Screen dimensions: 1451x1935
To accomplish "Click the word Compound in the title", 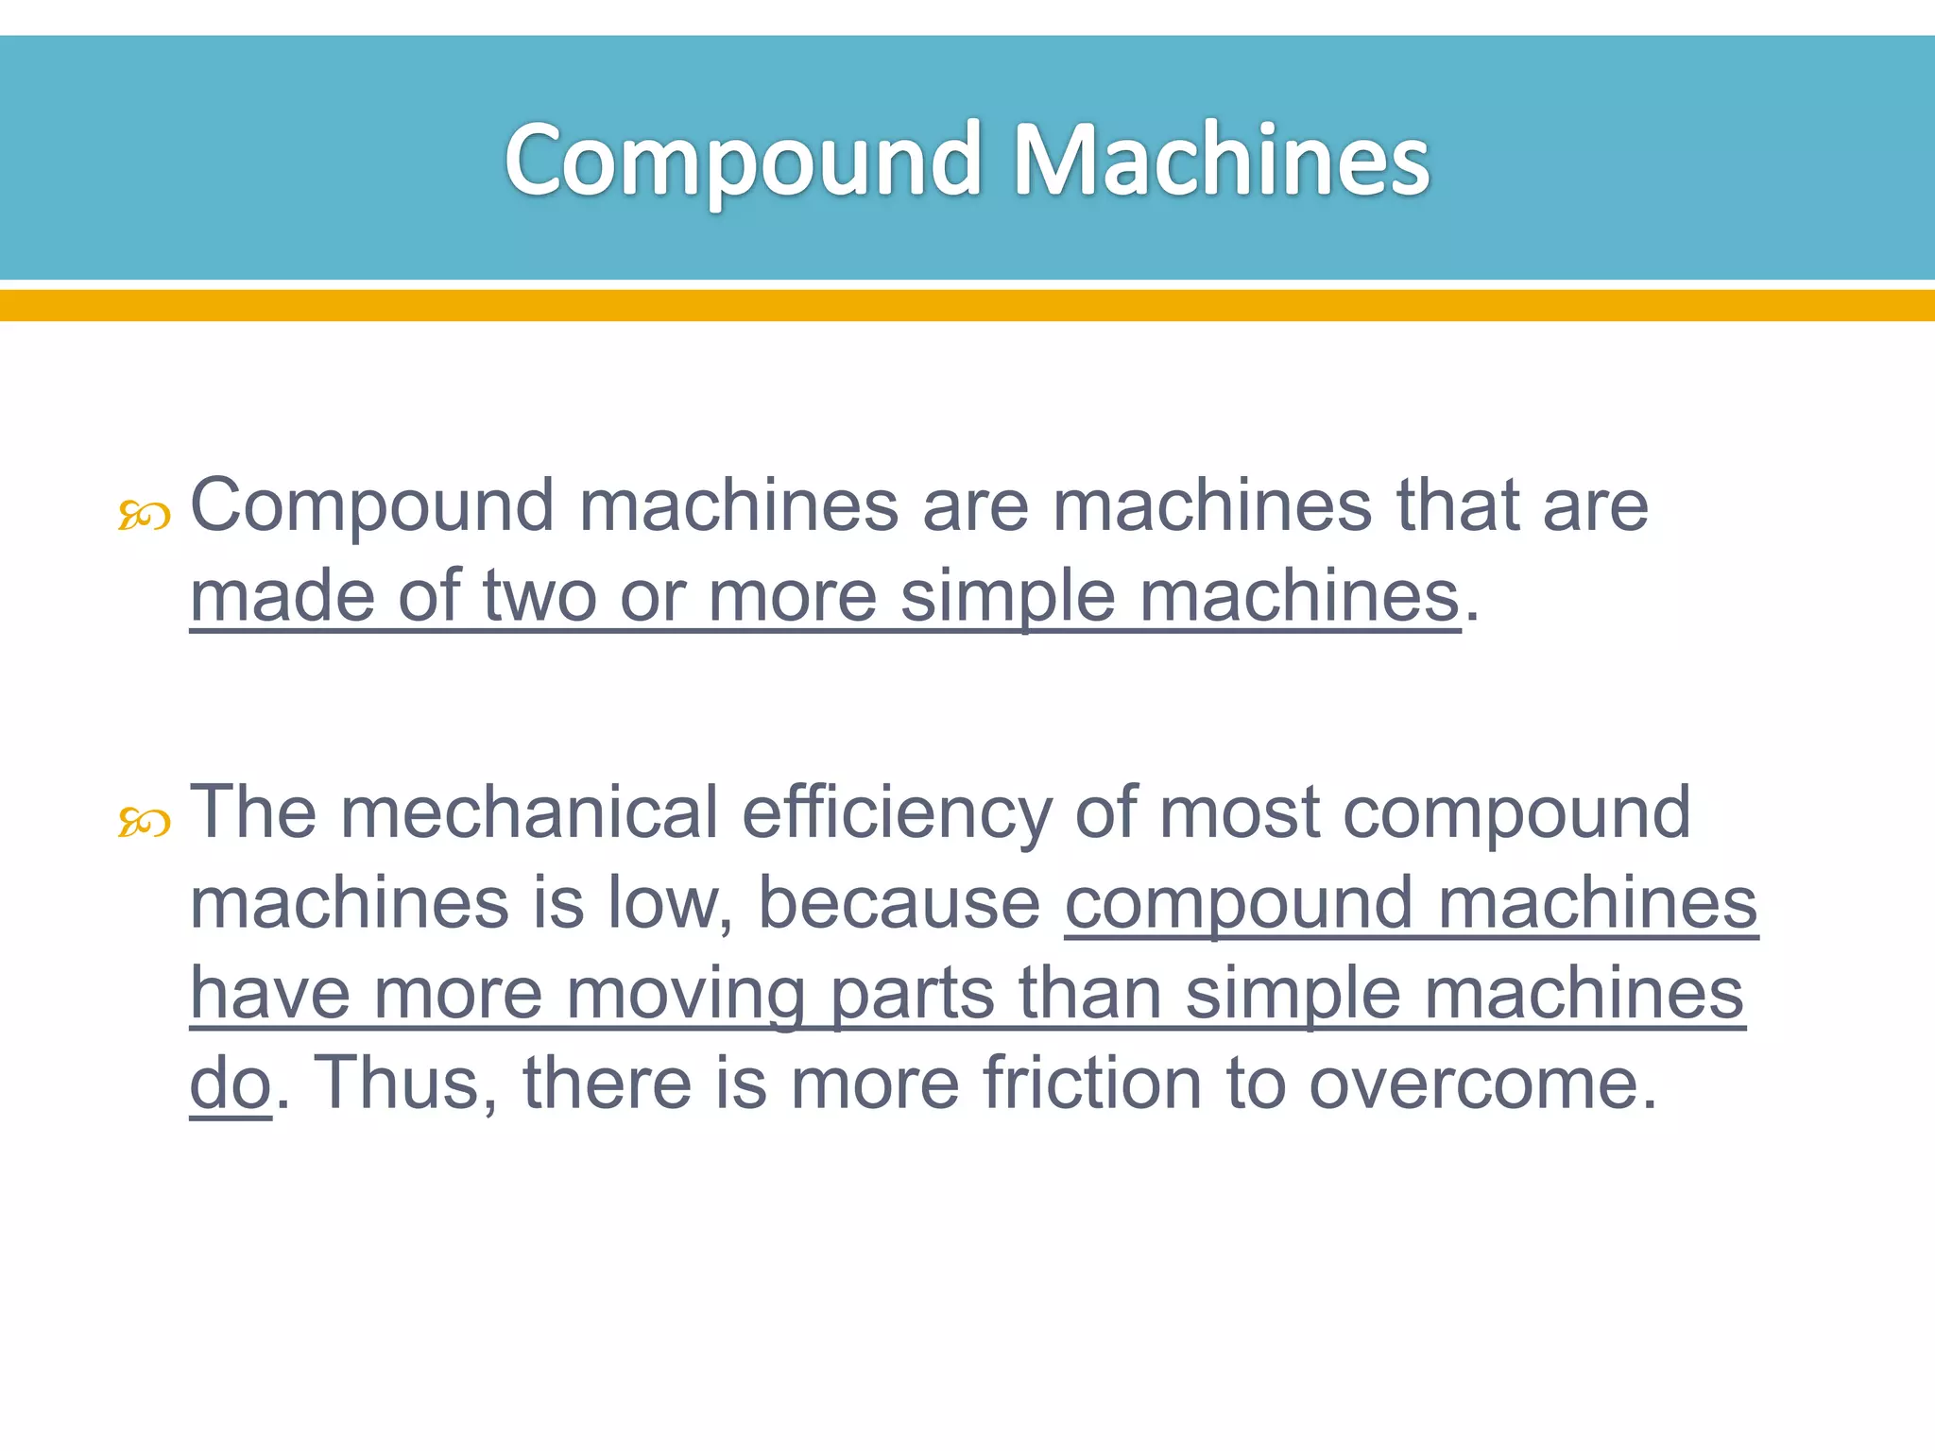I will pos(744,161).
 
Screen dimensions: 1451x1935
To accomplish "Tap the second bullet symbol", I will pos(144,823).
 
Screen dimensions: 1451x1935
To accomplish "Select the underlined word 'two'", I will pos(539,597).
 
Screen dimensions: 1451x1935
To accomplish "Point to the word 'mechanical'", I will pos(529,812).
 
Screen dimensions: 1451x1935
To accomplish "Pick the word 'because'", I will pos(899,904).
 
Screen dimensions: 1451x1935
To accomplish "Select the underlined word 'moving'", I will pos(686,996).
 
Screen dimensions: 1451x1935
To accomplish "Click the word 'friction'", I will pos(1092,1083).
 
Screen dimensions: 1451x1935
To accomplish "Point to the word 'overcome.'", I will pos(1482,1084).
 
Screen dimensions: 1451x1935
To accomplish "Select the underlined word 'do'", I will pos(231,1084).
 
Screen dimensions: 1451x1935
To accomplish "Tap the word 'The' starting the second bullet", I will pos(253,812).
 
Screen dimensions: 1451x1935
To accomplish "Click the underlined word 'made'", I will pos(282,597).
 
